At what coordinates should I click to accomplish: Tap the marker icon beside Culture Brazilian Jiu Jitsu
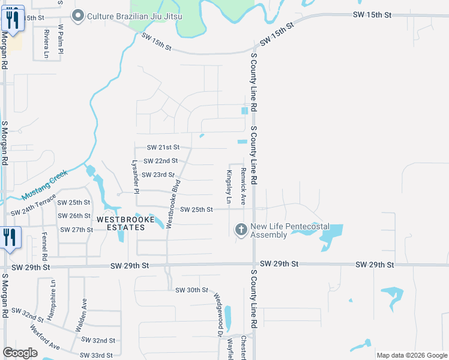click(77, 16)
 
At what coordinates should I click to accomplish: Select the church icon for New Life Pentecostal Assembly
click(240, 230)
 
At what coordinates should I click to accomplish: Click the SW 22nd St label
click(160, 161)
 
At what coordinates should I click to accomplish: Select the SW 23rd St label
click(159, 175)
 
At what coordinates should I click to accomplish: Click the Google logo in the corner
click(20, 353)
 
